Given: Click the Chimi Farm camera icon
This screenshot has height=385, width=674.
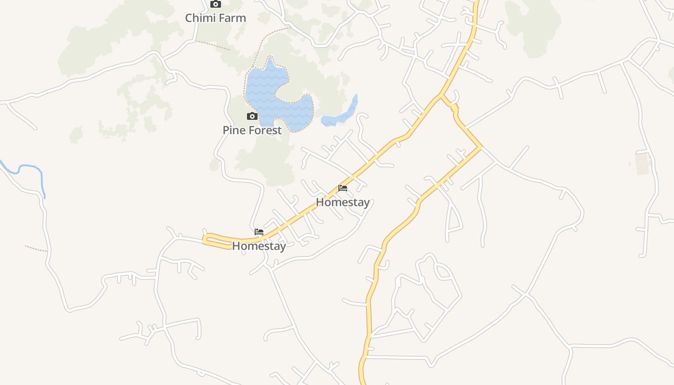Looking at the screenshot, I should coord(216,4).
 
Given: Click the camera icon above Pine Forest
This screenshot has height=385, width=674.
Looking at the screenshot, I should coord(252,116).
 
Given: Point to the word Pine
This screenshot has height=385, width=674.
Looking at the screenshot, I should coord(234,130).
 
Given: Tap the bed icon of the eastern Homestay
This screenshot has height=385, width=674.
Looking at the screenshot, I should coord(343,188).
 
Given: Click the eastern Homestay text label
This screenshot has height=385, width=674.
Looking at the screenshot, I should coord(343,202).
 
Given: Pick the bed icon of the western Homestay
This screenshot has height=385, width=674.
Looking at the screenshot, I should coord(259,231).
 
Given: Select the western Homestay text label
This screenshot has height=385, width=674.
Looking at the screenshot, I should coord(259,246).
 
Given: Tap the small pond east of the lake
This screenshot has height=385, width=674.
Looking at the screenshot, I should coord(339,115).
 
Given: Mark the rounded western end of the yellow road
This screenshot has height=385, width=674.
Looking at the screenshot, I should coord(205,239).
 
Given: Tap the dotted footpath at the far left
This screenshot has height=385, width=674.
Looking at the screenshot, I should coord(36,248).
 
